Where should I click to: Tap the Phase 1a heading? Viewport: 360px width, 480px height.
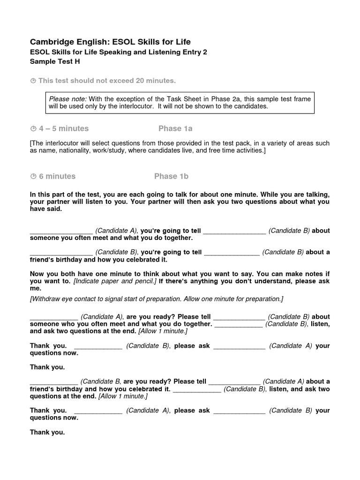[175, 128]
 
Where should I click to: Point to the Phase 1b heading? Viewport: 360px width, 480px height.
[171, 176]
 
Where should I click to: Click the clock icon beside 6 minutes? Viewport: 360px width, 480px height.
[33, 177]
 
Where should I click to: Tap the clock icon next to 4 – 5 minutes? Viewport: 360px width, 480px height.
[33, 129]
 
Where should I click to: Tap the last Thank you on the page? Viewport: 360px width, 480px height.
[47, 432]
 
